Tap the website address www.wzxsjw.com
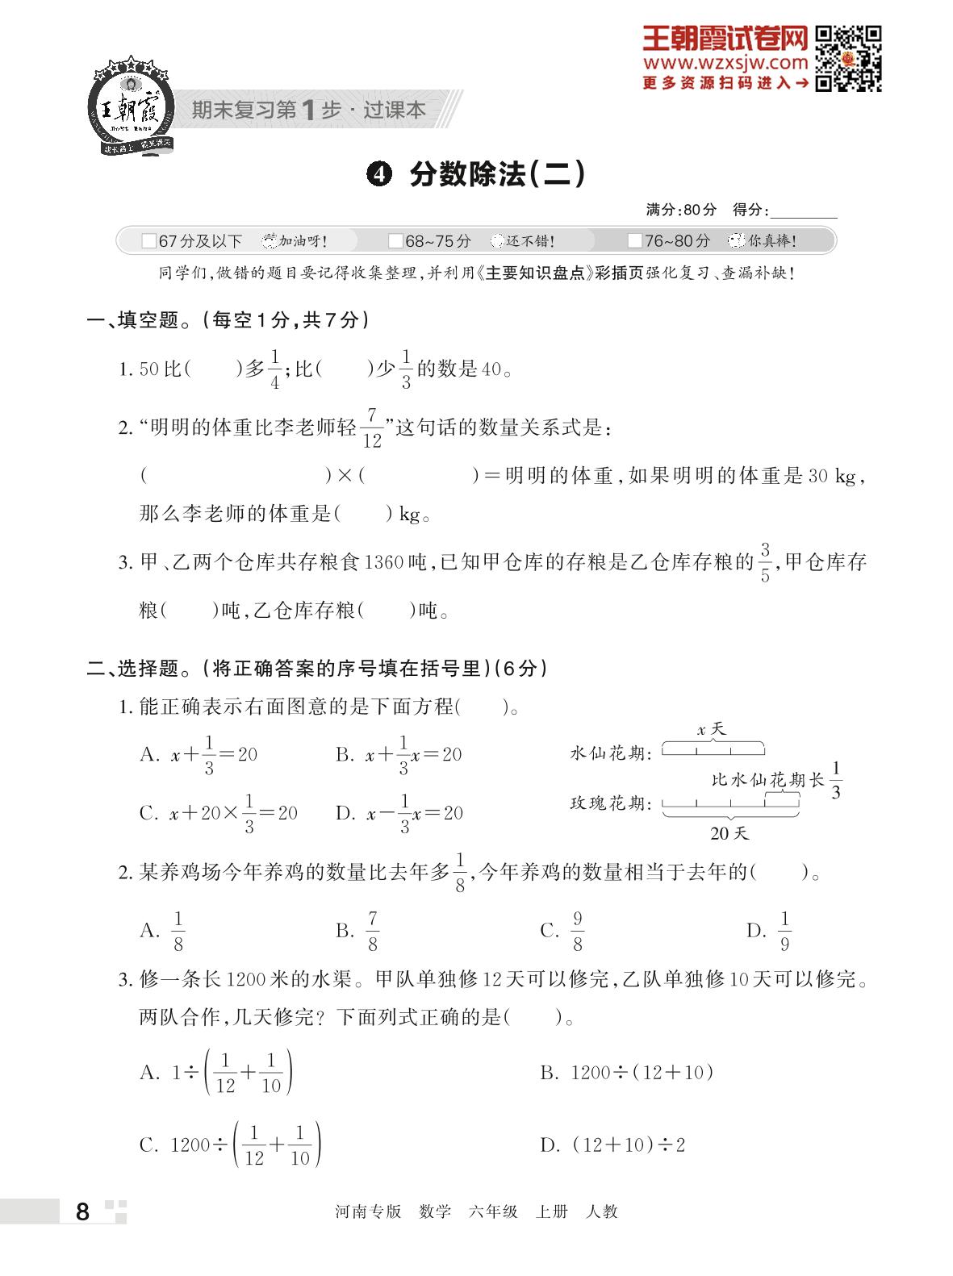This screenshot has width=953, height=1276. (725, 63)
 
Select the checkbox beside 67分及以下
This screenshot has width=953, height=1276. (148, 241)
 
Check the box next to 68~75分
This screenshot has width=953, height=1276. (395, 241)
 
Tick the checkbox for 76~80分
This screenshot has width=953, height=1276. (634, 241)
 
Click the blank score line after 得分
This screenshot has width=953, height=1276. (804, 211)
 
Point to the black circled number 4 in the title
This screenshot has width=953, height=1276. (378, 174)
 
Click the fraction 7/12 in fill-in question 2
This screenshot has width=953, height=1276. (371, 427)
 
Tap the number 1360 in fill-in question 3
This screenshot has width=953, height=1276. (383, 562)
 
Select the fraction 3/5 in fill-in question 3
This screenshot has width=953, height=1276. (765, 562)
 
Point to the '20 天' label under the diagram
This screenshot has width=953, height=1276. (729, 833)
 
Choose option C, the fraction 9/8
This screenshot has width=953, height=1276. (577, 931)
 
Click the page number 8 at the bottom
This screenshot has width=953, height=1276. (82, 1211)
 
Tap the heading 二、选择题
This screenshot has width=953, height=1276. (132, 668)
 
